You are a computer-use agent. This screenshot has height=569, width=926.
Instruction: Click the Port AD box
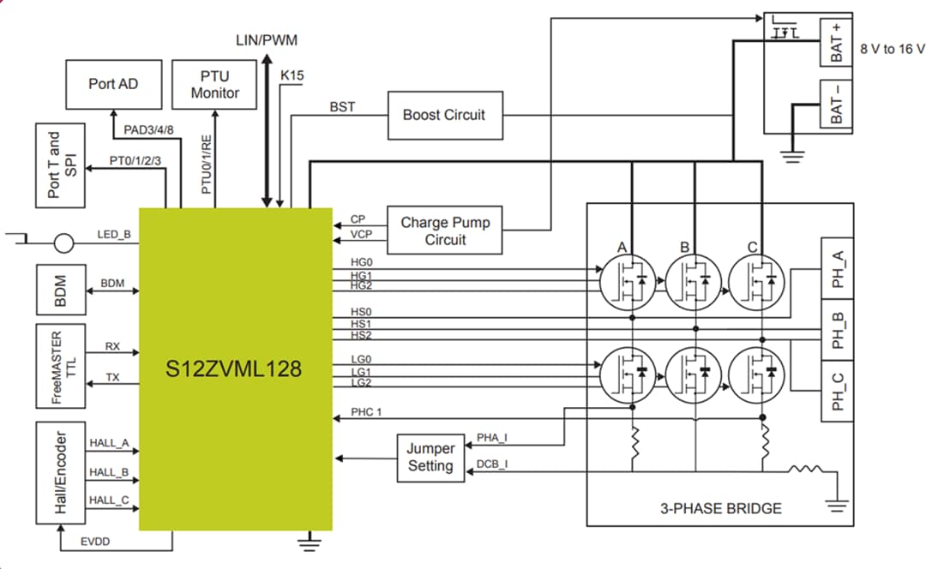tap(113, 84)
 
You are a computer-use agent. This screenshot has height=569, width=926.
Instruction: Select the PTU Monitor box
tap(214, 84)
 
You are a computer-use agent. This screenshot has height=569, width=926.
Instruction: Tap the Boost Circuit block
tap(443, 115)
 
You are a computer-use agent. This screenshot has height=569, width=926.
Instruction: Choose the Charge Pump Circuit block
tap(445, 231)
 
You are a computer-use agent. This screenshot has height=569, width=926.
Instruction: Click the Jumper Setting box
tap(430, 457)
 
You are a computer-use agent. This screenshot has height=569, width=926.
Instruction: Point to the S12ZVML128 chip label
tap(234, 369)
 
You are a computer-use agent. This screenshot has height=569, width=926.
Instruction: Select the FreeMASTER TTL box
tap(61, 363)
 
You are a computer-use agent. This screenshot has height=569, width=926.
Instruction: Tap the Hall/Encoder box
tap(61, 472)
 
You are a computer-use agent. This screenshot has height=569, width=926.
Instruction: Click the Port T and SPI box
tap(61, 165)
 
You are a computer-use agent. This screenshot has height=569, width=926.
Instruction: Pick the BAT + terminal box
tap(837, 42)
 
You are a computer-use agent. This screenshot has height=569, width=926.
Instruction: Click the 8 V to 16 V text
tap(892, 49)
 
